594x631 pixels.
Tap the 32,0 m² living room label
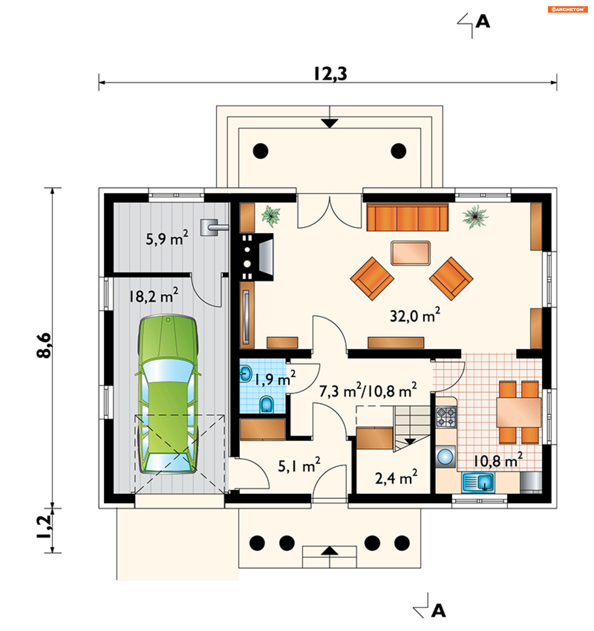point(415,315)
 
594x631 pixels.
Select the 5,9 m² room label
point(167,238)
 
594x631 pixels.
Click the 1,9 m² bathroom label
point(275,378)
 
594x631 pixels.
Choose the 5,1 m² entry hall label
point(299,465)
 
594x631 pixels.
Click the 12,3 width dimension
point(330,74)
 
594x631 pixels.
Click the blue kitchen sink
point(478,483)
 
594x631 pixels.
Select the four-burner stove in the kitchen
point(446,417)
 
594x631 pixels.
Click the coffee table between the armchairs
point(411,253)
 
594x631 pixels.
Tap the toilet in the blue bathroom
point(266,405)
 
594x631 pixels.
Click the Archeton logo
point(567,10)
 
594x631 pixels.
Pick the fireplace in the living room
point(256,257)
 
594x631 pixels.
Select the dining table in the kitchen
point(519,412)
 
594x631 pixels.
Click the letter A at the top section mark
point(483,22)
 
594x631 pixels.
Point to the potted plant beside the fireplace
point(271,216)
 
